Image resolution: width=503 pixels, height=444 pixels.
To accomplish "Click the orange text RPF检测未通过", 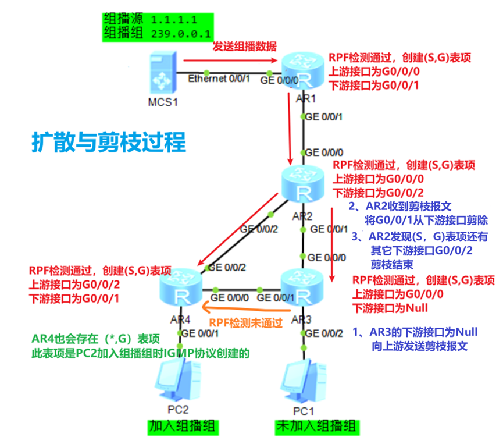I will point(246,322).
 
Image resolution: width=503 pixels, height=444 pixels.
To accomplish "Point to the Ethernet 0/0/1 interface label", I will point(219,80).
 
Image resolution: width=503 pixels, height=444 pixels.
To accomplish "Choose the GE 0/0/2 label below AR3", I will point(326,333).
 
